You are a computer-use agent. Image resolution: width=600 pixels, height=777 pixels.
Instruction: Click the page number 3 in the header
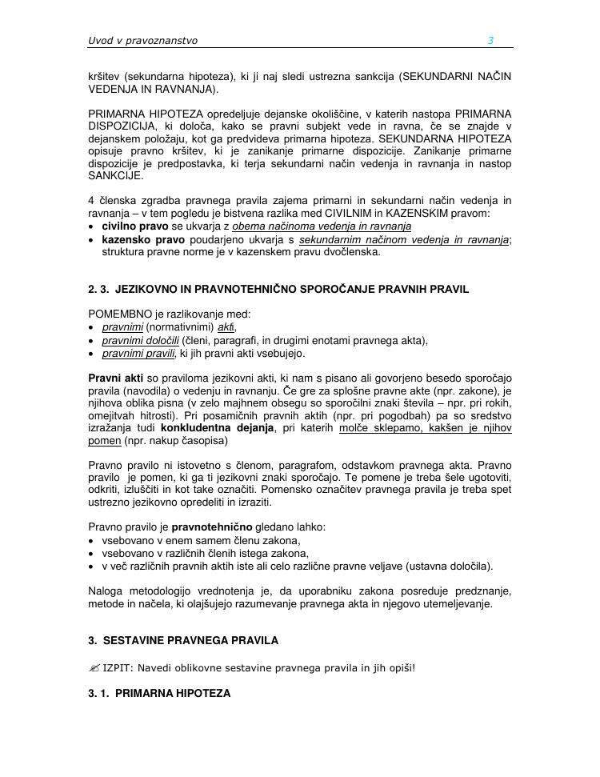pyautogui.click(x=490, y=41)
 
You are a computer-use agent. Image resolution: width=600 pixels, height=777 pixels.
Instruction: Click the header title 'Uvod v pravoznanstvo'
pyautogui.click(x=142, y=41)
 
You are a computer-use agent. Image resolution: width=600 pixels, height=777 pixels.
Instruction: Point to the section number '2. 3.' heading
pyautogui.click(x=101, y=289)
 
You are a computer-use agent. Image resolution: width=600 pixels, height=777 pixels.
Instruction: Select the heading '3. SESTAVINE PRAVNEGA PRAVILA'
pyautogui.click(x=183, y=641)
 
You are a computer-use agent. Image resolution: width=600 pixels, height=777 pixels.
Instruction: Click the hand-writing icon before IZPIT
pyautogui.click(x=94, y=667)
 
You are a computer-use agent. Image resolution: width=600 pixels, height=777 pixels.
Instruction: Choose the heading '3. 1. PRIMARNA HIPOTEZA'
pyautogui.click(x=159, y=694)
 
